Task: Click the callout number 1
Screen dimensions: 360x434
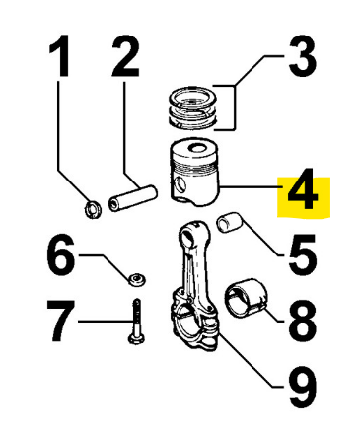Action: tap(60, 55)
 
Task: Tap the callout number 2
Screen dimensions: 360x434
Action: tap(125, 55)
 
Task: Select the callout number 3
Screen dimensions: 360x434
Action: tap(303, 56)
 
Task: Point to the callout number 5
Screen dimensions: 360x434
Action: tap(303, 255)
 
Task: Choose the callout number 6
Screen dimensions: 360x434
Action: tap(60, 255)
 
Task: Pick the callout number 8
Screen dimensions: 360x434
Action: tap(303, 322)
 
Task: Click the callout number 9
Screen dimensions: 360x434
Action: tap(303, 388)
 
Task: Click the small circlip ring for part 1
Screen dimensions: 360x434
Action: tap(93, 209)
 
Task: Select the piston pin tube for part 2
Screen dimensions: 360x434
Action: tap(133, 199)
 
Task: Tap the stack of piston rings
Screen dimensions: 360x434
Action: tap(193, 108)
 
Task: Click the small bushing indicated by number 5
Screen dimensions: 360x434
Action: tap(229, 222)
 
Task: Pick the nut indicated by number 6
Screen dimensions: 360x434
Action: tap(137, 279)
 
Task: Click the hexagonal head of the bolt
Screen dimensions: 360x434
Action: tap(134, 338)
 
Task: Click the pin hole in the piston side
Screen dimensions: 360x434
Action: tap(180, 184)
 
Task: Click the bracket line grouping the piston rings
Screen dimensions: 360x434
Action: tap(235, 108)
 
